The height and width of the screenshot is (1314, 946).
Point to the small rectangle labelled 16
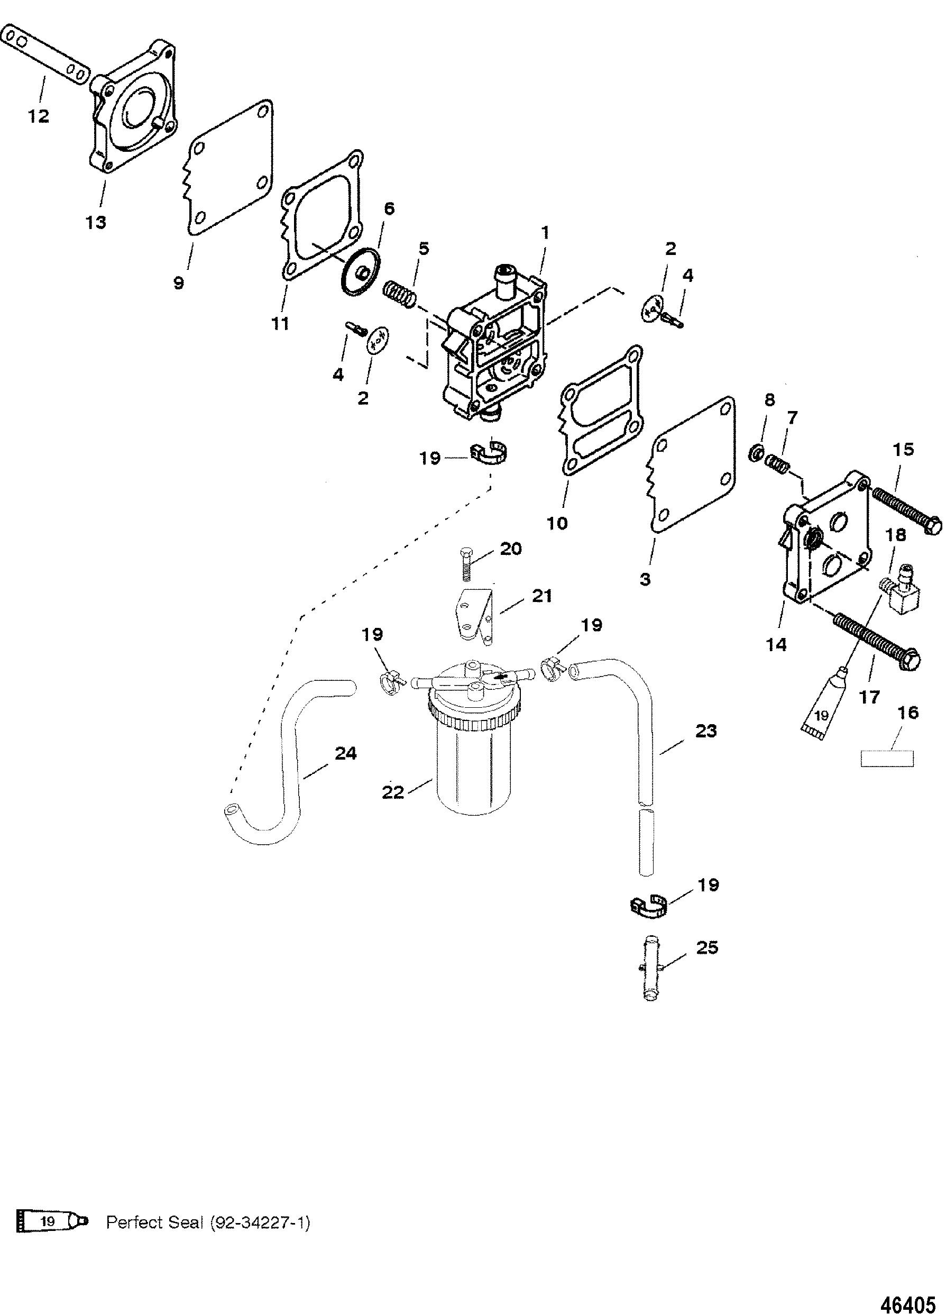[886, 759]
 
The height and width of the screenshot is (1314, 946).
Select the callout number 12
[39, 116]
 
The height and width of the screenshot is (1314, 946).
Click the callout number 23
[705, 731]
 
